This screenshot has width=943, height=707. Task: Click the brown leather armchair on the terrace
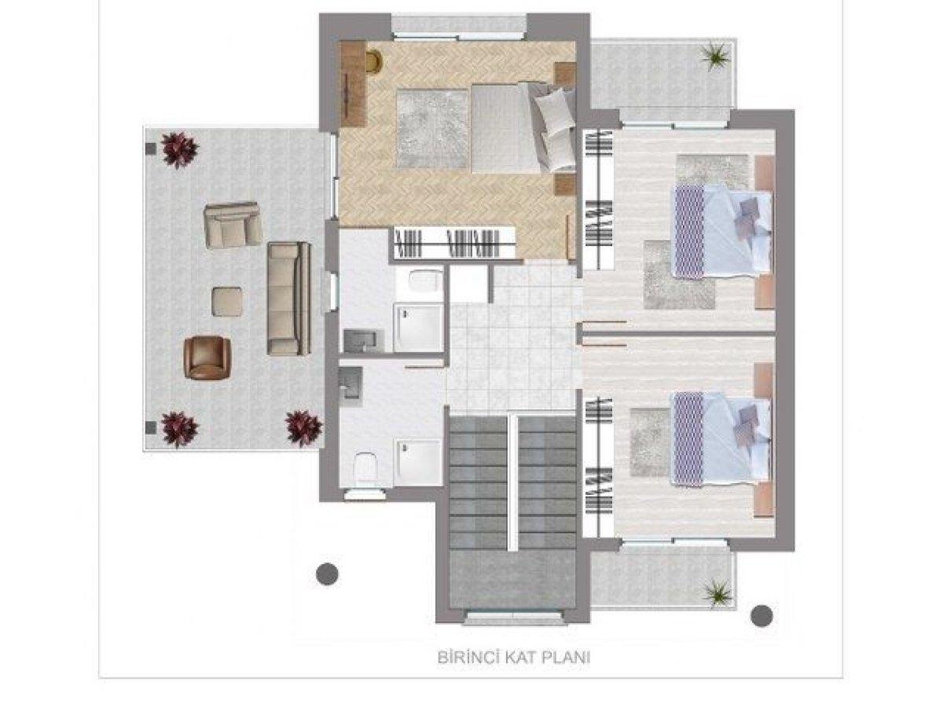click(207, 358)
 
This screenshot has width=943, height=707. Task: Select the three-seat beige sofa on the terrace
click(288, 299)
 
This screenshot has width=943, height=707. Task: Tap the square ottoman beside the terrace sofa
click(226, 302)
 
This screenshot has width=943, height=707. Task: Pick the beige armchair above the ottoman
click(233, 224)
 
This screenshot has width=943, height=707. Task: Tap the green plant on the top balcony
click(714, 55)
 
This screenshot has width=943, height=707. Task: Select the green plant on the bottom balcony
click(717, 593)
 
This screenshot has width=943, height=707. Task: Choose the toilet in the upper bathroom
click(425, 280)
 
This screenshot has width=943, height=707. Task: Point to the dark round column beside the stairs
click(327, 573)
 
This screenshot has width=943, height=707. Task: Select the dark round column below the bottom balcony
click(761, 616)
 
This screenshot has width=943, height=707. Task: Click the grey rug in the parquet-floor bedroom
click(431, 128)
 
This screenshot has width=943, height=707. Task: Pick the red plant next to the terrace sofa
click(304, 428)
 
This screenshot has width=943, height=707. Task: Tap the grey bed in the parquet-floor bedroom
click(523, 128)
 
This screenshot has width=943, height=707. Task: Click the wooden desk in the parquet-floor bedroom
click(353, 84)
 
